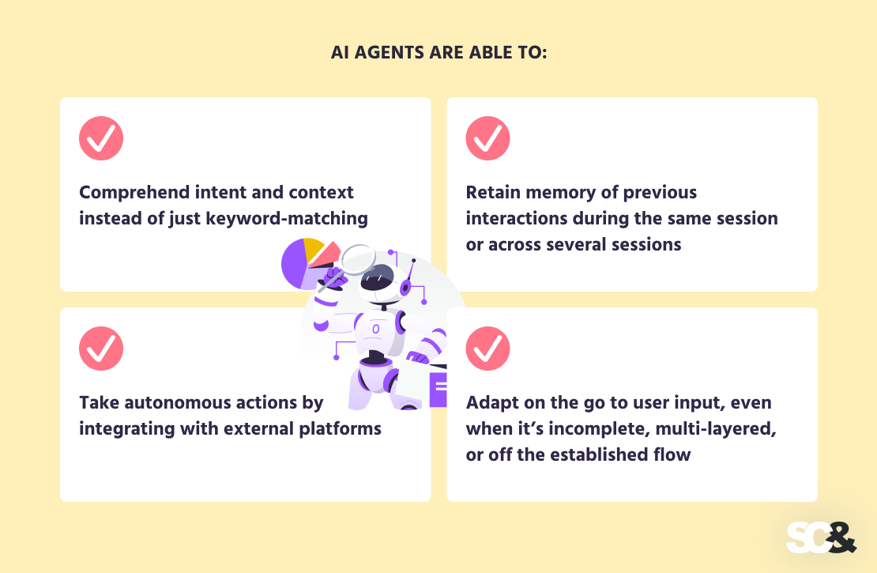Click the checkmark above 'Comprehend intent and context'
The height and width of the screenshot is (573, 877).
[101, 139]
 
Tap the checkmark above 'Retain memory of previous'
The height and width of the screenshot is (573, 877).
[487, 139]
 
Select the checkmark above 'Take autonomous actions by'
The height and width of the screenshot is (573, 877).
[101, 349]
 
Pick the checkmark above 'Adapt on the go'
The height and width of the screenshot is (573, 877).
[487, 349]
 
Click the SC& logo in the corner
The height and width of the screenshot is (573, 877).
[821, 537]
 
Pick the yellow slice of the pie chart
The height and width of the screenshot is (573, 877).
[314, 248]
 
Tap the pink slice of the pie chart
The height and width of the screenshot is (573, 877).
[330, 251]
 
